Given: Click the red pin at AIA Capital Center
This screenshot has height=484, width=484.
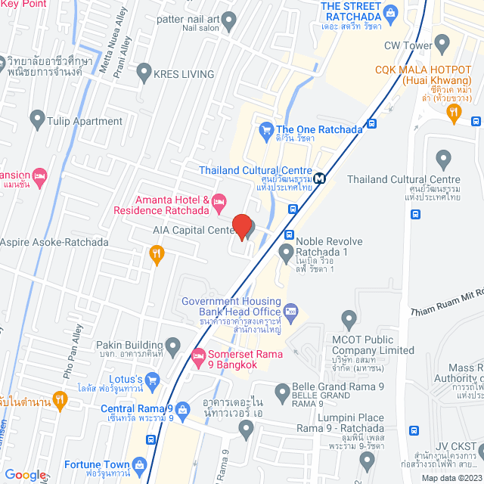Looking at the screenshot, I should coord(241,226).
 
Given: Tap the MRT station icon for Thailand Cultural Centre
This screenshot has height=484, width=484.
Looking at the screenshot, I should coord(321,178).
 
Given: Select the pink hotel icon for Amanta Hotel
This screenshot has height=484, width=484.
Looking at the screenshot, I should coord(219,200).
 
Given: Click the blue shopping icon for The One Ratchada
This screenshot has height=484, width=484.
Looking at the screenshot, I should coord(265,129).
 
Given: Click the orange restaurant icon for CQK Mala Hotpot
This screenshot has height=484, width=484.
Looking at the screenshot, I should coord(454,113).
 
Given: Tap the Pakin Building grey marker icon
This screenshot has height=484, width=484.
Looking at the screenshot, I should coord(173,349).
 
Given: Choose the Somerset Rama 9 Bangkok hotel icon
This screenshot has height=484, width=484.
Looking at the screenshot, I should coord(199,355).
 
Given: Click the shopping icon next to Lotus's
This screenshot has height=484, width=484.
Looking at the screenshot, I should coord(151,379).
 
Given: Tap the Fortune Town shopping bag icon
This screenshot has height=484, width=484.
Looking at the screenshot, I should coord(139,464).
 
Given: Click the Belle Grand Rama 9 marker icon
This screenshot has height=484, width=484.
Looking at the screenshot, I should coord(282,391).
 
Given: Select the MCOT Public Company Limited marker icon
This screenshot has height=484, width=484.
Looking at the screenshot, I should coord(348,319).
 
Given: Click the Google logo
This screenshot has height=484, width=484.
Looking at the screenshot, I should coord(25,474).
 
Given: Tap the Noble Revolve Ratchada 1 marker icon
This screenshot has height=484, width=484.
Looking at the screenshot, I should coord(286,251).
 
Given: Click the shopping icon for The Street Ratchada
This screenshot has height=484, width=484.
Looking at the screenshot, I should coord(390,11).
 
